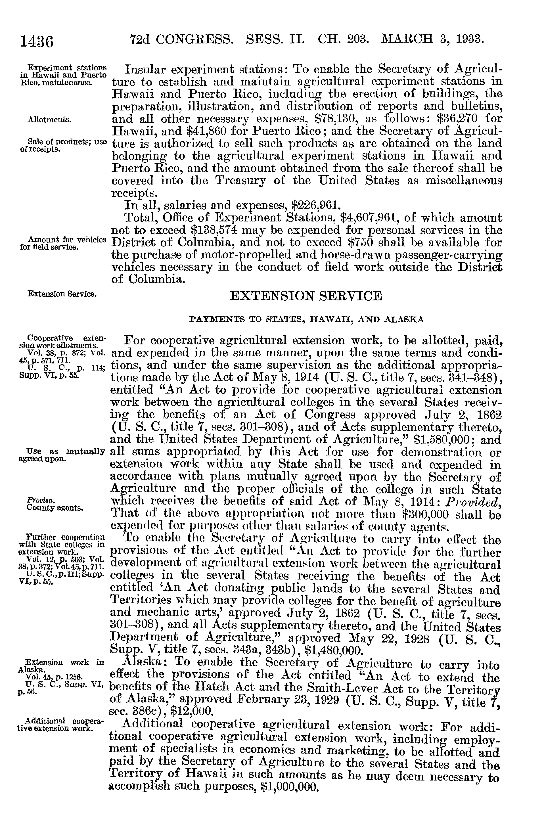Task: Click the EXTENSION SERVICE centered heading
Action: point(306,296)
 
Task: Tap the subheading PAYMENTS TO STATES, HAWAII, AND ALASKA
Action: point(307,319)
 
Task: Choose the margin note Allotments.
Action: point(49,120)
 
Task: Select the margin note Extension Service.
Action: point(62,294)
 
